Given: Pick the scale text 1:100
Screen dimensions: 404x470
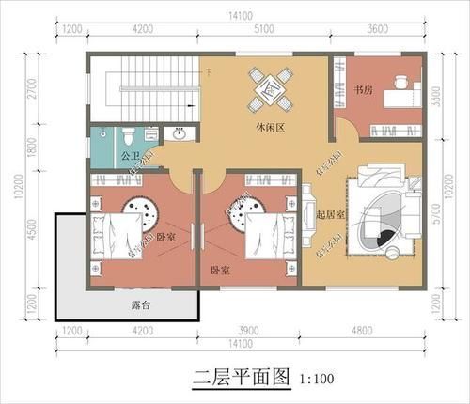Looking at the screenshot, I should click(316, 381).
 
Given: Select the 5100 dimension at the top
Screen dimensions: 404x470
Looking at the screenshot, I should click(264, 29).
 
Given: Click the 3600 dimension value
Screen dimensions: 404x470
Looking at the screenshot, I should click(378, 29).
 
